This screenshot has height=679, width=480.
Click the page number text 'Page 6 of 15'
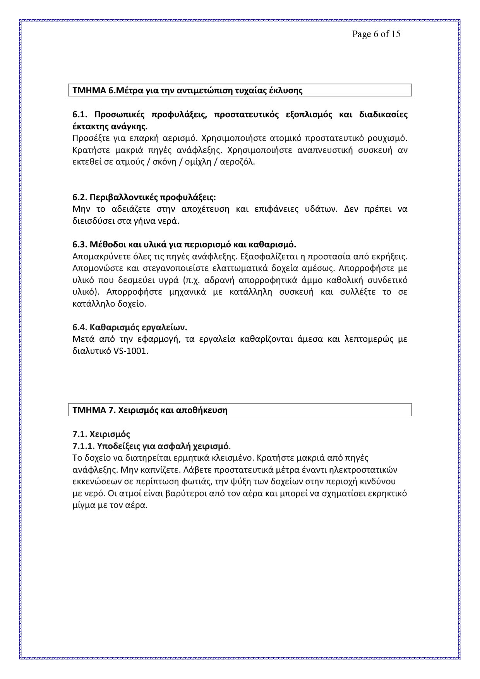tap(376, 34)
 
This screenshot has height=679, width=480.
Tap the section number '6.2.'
tap(80, 197)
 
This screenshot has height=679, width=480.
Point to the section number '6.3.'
tap(80, 245)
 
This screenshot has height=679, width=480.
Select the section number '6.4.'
tap(80, 327)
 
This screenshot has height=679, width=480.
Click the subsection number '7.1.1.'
tap(83, 446)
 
